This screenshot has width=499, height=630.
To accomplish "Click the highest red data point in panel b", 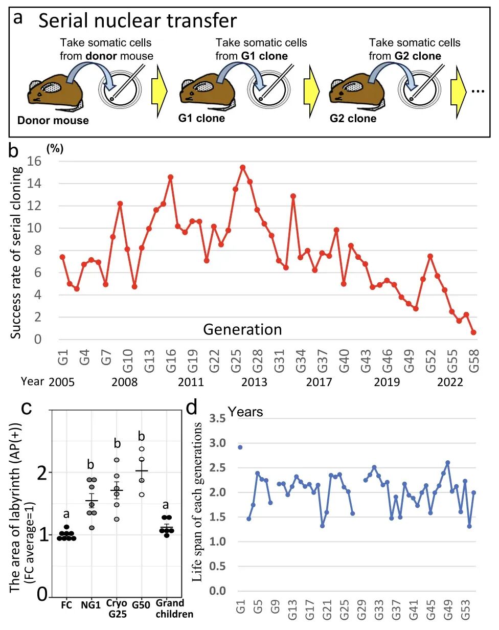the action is click(242, 167).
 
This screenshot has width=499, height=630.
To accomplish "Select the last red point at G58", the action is click(473, 332).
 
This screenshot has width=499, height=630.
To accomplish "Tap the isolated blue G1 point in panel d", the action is click(240, 447).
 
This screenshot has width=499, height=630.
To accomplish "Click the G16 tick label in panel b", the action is click(171, 361).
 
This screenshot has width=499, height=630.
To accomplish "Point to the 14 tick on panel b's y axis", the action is click(34, 184).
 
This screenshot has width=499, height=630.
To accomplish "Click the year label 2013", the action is click(254, 382).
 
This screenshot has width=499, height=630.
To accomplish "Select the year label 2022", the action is click(450, 382).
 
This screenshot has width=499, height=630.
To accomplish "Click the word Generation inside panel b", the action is click(242, 329).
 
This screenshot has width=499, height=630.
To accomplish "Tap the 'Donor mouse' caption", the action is click(53, 120).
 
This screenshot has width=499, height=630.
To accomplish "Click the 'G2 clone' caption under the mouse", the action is click(353, 118).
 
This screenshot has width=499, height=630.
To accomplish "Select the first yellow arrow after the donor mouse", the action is click(159, 92).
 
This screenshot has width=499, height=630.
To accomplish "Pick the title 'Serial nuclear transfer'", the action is click(137, 21).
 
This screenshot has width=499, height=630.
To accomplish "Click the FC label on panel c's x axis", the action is click(66, 605).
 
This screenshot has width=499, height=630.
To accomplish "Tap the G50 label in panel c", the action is click(141, 605).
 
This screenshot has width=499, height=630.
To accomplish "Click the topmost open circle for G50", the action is click(141, 449).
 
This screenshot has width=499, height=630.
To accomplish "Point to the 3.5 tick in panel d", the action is click(217, 418).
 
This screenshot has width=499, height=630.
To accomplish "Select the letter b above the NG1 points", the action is click(91, 464).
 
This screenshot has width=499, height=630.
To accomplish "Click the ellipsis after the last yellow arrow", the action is click(478, 92).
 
